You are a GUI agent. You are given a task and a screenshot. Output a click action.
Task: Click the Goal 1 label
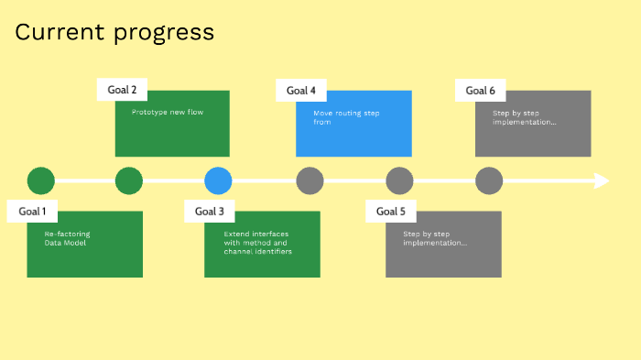pyautogui.click(x=32, y=212)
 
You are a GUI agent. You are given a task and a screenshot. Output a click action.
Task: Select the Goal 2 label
pyautogui.click(x=122, y=90)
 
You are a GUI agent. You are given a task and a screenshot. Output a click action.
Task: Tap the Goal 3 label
pyautogui.click(x=210, y=212)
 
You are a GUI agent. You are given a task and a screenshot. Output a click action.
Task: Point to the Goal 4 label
pyautogui.click(x=301, y=90)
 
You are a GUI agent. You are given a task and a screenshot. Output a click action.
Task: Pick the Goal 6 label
pyautogui.click(x=481, y=90)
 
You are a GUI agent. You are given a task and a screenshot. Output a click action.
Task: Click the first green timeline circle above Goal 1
pyautogui.click(x=41, y=180)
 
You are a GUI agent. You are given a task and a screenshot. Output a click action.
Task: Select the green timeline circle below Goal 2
pyautogui.click(x=129, y=180)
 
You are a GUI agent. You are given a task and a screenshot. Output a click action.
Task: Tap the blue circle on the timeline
pyautogui.click(x=218, y=180)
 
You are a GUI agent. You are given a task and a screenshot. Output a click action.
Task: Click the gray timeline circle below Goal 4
pyautogui.click(x=310, y=180)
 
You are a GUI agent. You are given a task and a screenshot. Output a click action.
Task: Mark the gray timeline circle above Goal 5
pyautogui.click(x=399, y=180)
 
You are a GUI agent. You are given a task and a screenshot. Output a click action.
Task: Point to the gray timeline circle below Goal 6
pyautogui.click(x=489, y=180)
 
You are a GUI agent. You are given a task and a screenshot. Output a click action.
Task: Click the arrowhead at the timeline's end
pyautogui.click(x=602, y=180)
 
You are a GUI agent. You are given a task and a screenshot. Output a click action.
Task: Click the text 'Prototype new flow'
pyautogui.click(x=168, y=113)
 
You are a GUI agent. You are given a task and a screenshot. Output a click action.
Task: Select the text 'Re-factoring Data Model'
pyautogui.click(x=68, y=238)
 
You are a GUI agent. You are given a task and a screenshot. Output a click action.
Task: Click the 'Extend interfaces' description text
pyautogui.click(x=257, y=242)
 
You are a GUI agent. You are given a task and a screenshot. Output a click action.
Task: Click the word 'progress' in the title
pyautogui.click(x=165, y=34)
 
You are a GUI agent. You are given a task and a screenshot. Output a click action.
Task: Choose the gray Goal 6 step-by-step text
pyautogui.click(x=525, y=116)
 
